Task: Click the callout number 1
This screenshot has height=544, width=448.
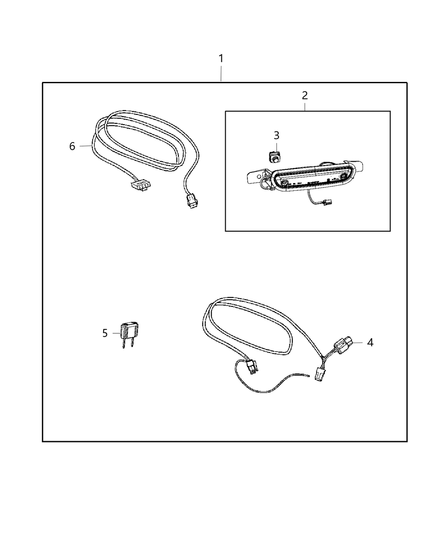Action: (221, 58)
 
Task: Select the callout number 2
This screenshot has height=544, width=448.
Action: (305, 95)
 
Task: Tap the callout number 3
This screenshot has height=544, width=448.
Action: (276, 135)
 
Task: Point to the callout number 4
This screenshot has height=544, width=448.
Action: (370, 342)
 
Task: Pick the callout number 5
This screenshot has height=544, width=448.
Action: (105, 333)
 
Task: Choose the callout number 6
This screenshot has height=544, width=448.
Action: (72, 146)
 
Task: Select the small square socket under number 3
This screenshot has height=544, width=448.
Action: (274, 157)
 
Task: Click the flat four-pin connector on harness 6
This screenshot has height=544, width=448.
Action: (140, 185)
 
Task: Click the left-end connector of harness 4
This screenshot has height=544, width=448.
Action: (252, 367)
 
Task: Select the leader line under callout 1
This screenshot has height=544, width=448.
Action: (221, 73)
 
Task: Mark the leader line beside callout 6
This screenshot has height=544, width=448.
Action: (86, 146)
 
